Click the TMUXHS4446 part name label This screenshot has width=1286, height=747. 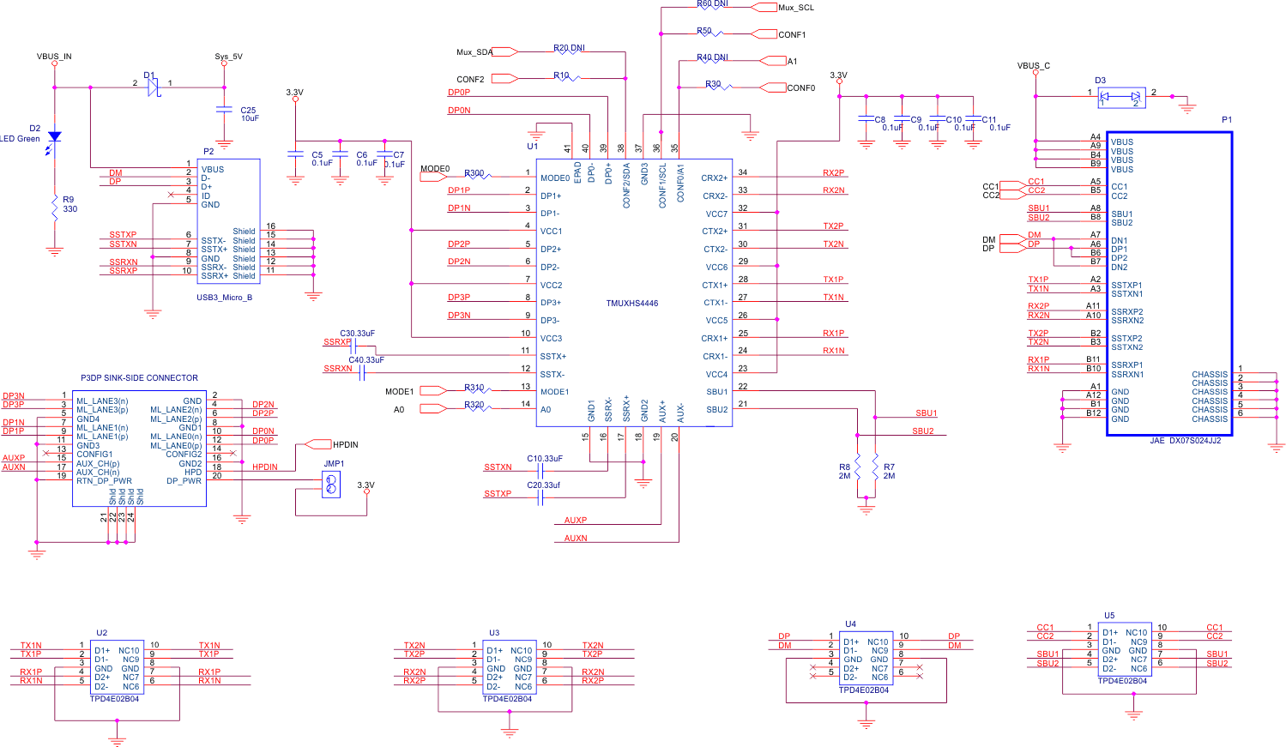tap(631, 304)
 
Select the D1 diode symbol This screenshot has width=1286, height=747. tap(153, 87)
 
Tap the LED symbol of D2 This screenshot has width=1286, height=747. tap(55, 137)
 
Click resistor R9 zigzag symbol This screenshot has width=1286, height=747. tap(55, 208)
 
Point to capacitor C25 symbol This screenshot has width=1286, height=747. tap(224, 110)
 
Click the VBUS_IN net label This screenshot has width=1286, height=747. tap(54, 57)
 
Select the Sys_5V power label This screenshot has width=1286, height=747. tap(228, 57)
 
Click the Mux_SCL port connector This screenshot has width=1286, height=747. tap(764, 7)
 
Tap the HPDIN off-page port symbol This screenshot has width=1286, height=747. tap(319, 444)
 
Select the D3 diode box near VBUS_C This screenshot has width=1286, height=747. tap(1121, 97)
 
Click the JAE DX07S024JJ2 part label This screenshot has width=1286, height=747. tap(1185, 441)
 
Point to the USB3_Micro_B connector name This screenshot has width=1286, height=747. tap(224, 298)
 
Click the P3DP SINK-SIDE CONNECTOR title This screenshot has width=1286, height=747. tap(139, 377)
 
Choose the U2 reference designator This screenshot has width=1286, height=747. tap(101, 633)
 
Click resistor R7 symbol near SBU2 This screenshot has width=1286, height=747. tap(875, 471)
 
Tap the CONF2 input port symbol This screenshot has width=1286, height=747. tap(505, 79)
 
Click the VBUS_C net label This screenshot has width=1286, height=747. tap(1033, 66)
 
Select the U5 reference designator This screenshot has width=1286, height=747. tap(1109, 616)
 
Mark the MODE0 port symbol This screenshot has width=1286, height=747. tap(433, 177)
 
